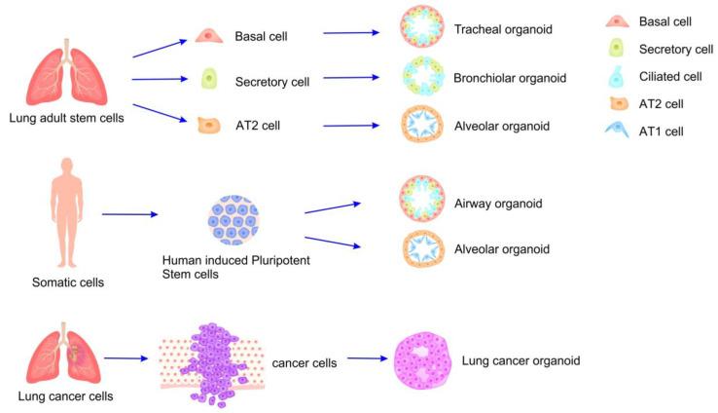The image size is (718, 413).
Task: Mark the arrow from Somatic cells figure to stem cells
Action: (129, 214)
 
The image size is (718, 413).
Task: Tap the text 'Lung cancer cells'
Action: (59, 395)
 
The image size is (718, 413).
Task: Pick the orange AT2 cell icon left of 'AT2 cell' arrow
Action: (206, 124)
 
